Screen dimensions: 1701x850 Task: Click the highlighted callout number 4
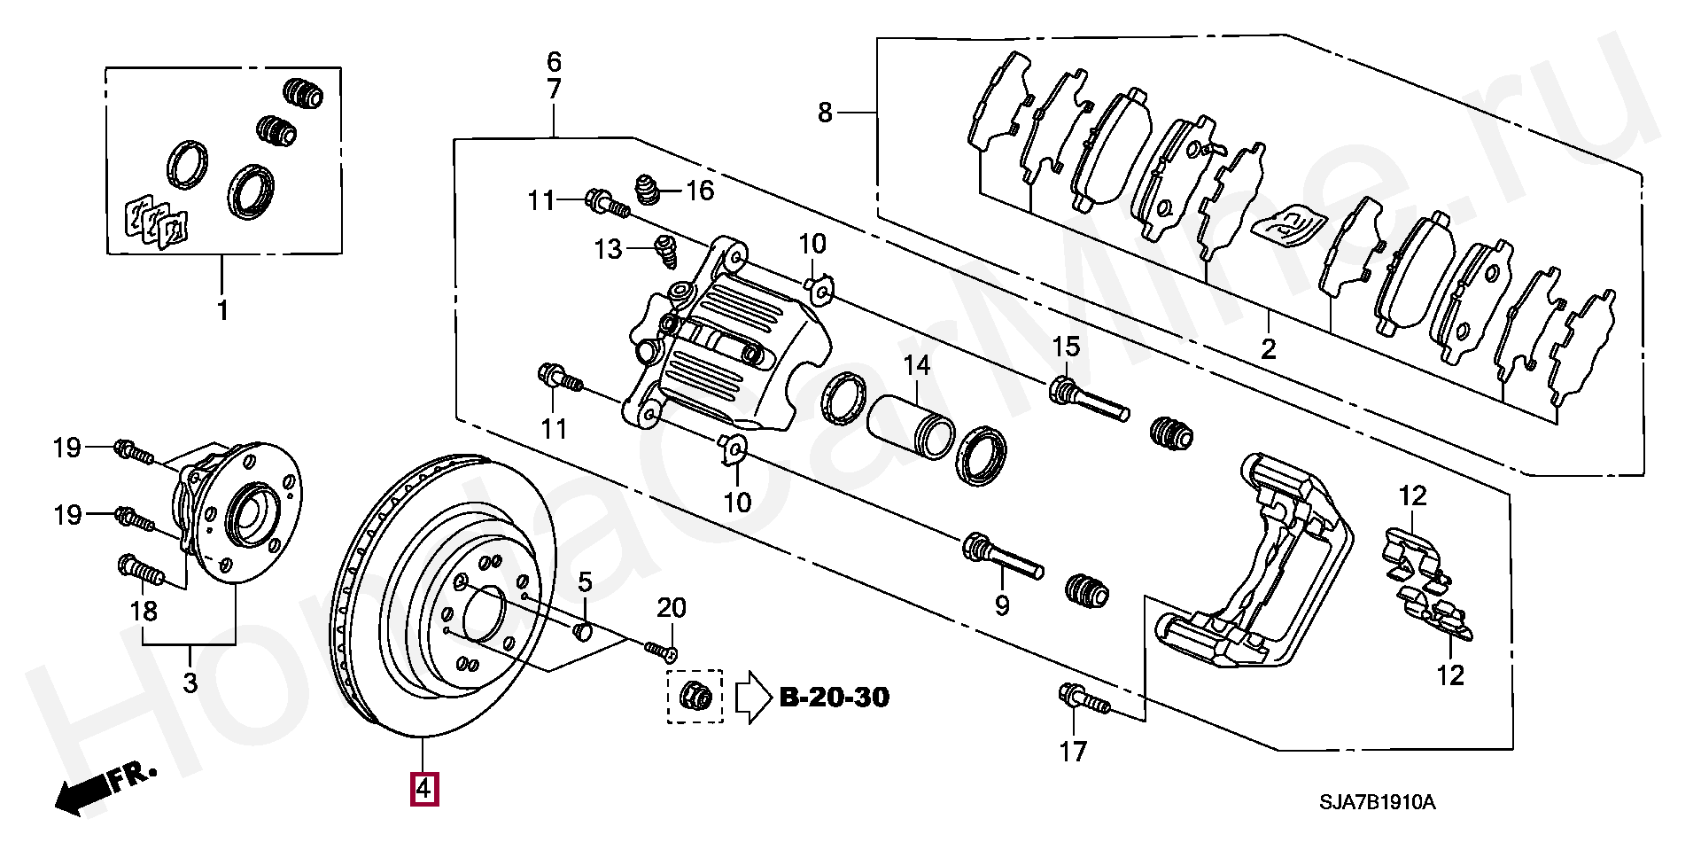click(x=423, y=788)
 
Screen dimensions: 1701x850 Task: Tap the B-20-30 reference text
click(x=834, y=698)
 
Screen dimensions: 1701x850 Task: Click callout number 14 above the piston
click(x=916, y=365)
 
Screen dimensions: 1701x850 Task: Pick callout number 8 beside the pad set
click(x=826, y=113)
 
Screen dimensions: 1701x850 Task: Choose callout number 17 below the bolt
click(x=1073, y=753)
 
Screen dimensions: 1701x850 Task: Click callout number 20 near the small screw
click(x=672, y=608)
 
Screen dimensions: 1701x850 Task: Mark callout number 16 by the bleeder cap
click(x=700, y=191)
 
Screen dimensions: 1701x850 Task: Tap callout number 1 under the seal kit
click(x=222, y=311)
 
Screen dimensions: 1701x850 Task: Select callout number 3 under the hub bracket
click(x=190, y=683)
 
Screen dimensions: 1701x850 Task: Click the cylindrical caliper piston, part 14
click(x=911, y=425)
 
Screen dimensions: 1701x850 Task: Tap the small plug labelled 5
click(x=584, y=630)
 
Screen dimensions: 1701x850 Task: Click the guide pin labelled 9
click(x=1003, y=556)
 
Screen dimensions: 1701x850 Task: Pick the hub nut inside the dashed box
click(x=695, y=698)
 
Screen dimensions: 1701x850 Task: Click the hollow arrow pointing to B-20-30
click(x=754, y=698)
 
